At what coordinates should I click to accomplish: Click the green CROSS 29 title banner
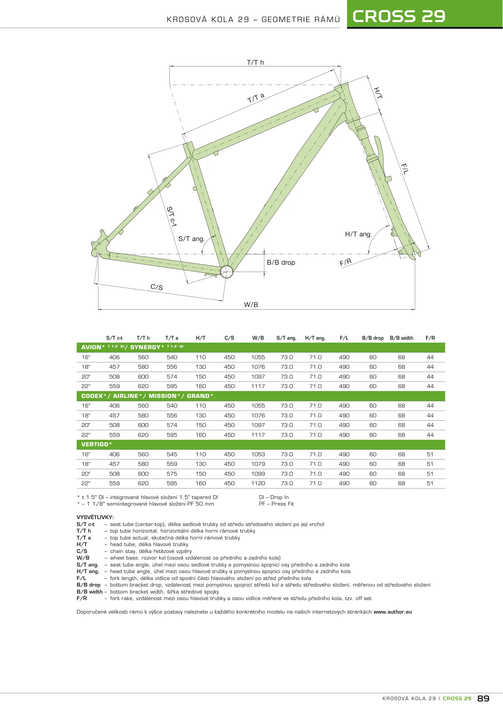pos(424,15)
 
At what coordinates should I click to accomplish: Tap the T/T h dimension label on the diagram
pos(255,63)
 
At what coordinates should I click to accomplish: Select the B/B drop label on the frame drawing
pos(281,263)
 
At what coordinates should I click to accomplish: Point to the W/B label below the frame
pos(251,305)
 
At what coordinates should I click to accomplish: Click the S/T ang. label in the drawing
pos(191,239)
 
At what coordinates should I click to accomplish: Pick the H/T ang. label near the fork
pos(358,234)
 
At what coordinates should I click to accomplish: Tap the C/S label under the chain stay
pos(157,287)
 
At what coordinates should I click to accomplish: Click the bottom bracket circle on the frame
pos(227,272)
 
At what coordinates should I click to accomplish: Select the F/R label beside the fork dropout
pos(346,262)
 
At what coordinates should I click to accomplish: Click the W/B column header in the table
pos(258,338)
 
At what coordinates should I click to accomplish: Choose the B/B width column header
pos(401,338)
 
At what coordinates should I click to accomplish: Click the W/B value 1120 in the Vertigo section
pos(258,484)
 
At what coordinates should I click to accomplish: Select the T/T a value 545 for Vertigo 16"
pos(172,455)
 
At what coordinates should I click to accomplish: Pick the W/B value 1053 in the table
pos(258,455)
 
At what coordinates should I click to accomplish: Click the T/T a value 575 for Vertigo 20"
pos(172,474)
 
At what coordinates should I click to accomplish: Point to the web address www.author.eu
pos(392,612)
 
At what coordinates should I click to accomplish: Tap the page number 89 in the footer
pos(483,698)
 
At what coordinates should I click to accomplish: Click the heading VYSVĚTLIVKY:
pos(95,517)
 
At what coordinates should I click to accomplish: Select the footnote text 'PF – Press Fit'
pos(276,504)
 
